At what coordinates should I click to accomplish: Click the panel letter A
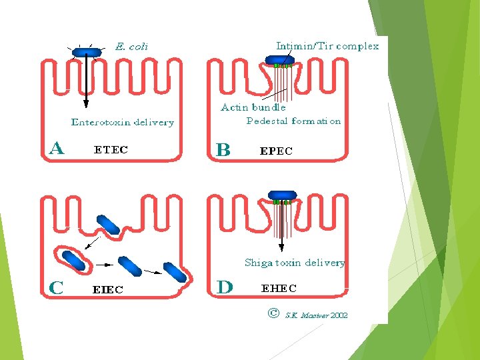[57, 148]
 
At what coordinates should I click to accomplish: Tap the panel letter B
[223, 149]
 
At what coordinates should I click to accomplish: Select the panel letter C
[57, 288]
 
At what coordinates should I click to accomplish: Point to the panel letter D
[225, 287]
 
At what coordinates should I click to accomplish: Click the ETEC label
[111, 150]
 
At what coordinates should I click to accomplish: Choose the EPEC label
[275, 151]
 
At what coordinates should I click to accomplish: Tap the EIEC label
[107, 289]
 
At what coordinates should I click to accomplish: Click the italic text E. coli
[131, 47]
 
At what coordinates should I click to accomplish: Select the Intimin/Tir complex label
[327, 46]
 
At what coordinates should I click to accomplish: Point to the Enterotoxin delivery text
[123, 122]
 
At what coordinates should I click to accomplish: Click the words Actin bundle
[253, 107]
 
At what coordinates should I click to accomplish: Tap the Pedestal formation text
[293, 121]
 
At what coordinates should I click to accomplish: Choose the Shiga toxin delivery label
[295, 263]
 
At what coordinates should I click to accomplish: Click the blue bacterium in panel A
[87, 52]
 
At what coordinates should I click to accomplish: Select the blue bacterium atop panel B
[279, 60]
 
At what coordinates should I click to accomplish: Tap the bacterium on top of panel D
[284, 195]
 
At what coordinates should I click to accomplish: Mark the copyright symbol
[273, 313]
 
